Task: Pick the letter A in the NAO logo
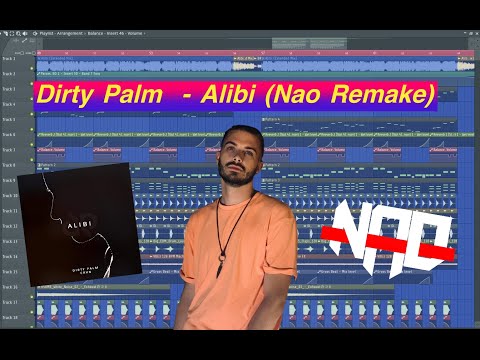pyautogui.click(x=391, y=231)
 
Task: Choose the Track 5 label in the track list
pyautogui.click(x=9, y=103)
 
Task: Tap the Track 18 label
pyautogui.click(x=9, y=317)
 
